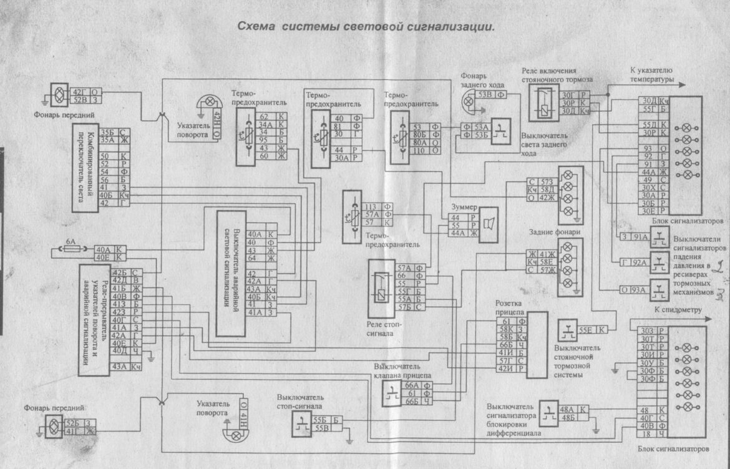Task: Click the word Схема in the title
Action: coord(256,27)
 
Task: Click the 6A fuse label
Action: coord(71,240)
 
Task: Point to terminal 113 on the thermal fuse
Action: coord(370,206)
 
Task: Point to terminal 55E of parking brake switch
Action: coord(585,329)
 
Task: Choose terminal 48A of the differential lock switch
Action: coord(567,410)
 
